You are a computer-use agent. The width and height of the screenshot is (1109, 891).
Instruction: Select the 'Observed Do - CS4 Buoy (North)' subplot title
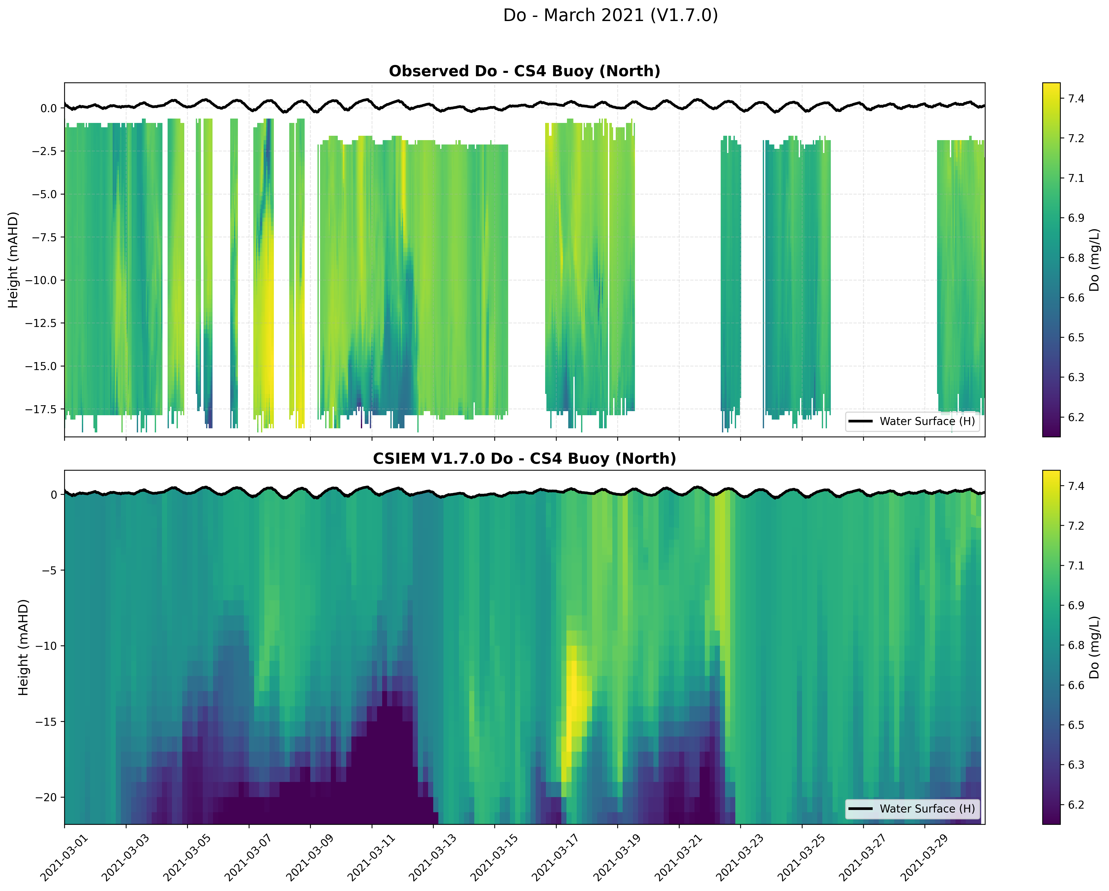pos(524,71)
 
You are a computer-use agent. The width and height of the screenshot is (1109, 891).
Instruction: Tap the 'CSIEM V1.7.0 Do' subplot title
pos(524,458)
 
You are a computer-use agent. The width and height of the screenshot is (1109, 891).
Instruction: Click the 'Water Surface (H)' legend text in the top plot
pos(927,421)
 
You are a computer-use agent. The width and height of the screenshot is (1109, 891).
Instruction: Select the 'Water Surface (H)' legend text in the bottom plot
pos(927,809)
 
